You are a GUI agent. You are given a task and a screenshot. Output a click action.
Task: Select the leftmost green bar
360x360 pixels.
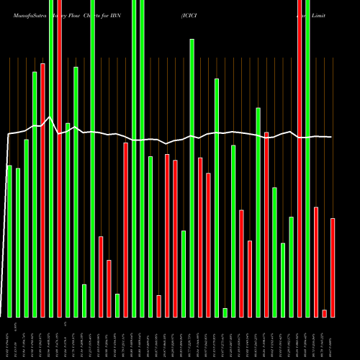[9, 241]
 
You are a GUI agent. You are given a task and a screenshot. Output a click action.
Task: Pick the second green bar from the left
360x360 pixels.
[18, 243]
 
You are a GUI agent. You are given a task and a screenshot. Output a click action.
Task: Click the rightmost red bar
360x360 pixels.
[333, 267]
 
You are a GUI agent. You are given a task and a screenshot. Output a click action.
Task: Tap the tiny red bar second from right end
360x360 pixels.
[324, 313]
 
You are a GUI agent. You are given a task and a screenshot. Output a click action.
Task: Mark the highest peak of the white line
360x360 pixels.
[49, 117]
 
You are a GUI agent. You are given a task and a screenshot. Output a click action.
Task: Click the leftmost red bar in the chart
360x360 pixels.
[42, 190]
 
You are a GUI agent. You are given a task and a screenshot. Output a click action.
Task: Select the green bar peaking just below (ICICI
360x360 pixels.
[192, 178]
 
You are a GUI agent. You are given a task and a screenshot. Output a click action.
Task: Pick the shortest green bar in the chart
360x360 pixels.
[225, 312]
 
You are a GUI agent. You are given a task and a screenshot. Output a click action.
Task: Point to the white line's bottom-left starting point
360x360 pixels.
[1, 315]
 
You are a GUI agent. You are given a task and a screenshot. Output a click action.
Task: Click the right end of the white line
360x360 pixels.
[332, 137]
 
